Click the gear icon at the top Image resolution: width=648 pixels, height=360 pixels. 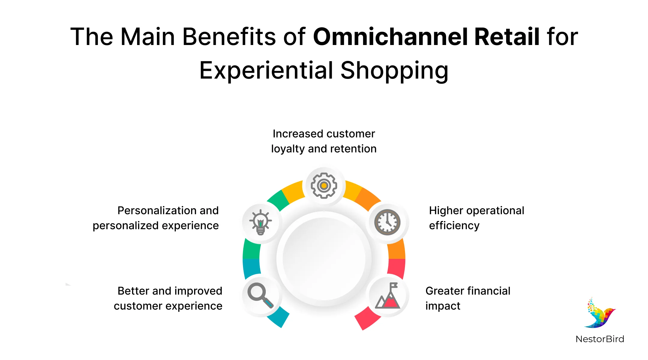click(x=324, y=185)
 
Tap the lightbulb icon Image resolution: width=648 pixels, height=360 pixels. click(x=260, y=222)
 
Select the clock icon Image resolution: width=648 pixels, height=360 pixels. click(x=387, y=222)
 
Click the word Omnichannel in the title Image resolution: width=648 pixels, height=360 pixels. click(x=390, y=37)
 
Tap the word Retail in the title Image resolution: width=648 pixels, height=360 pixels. click(x=507, y=37)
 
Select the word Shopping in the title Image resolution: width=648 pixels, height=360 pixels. click(x=394, y=71)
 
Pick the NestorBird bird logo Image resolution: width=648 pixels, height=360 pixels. click(x=600, y=313)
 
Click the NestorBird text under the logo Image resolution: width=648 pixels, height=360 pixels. click(x=600, y=339)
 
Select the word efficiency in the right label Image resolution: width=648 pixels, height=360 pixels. click(x=454, y=226)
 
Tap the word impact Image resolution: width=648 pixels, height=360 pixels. click(x=443, y=306)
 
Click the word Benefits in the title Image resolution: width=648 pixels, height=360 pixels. click(x=229, y=37)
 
